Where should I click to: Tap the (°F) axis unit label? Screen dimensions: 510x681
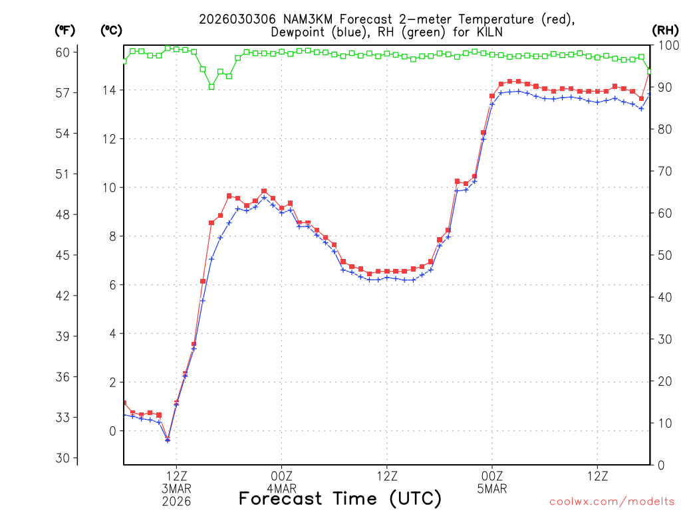tap(65, 30)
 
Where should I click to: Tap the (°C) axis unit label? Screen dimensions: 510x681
tap(111, 30)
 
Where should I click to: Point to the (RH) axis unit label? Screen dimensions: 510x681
tap(664, 30)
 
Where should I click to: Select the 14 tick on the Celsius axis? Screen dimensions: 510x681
tap(111, 90)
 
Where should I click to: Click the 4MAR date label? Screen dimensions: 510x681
tap(281, 488)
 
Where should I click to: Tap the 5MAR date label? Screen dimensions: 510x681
tap(492, 488)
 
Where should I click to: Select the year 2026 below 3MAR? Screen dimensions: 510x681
tap(176, 501)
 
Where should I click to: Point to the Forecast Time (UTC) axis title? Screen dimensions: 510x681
tap(340, 498)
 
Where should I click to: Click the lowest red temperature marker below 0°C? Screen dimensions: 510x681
tap(168, 439)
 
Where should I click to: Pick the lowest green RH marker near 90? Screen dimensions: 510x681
tap(211, 86)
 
